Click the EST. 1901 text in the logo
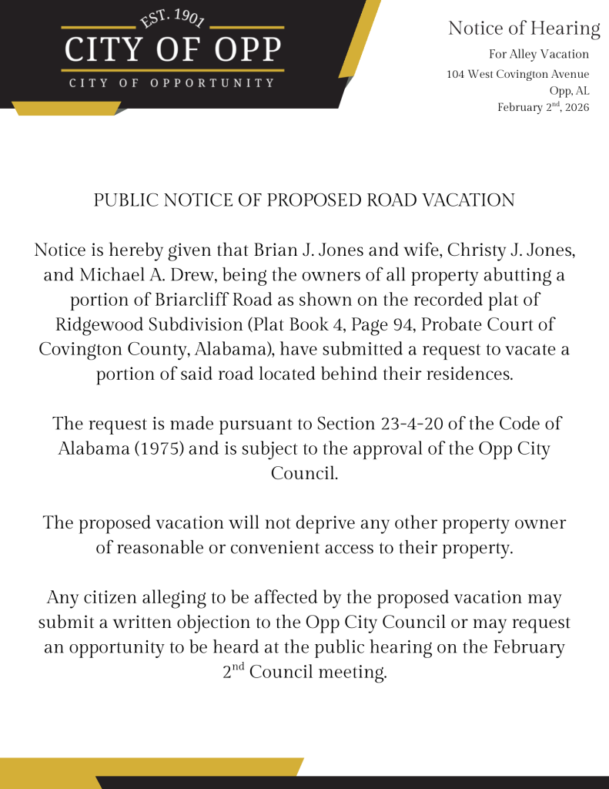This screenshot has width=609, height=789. click(x=172, y=18)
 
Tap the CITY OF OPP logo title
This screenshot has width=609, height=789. click(x=172, y=50)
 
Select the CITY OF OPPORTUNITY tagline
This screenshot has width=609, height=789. click(x=172, y=82)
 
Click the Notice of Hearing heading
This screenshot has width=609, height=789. click(x=524, y=29)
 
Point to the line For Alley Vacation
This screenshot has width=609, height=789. click(x=539, y=54)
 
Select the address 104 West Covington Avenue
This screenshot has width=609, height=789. click(x=517, y=74)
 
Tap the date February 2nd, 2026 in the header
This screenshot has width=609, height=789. click(x=543, y=107)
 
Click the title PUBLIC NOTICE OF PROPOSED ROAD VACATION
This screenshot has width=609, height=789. click(x=304, y=200)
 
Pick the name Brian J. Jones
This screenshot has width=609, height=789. click(x=303, y=250)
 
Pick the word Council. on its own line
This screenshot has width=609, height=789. click(x=304, y=473)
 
